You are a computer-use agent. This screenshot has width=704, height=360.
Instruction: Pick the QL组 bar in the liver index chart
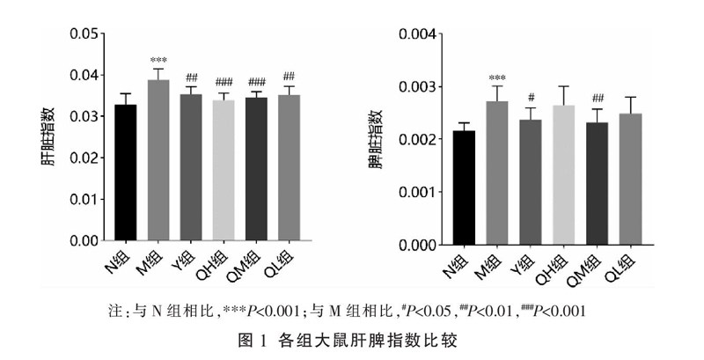289,167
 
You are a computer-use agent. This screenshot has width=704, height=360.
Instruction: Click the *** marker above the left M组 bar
158,61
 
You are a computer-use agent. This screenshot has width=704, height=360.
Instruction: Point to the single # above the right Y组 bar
530,98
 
